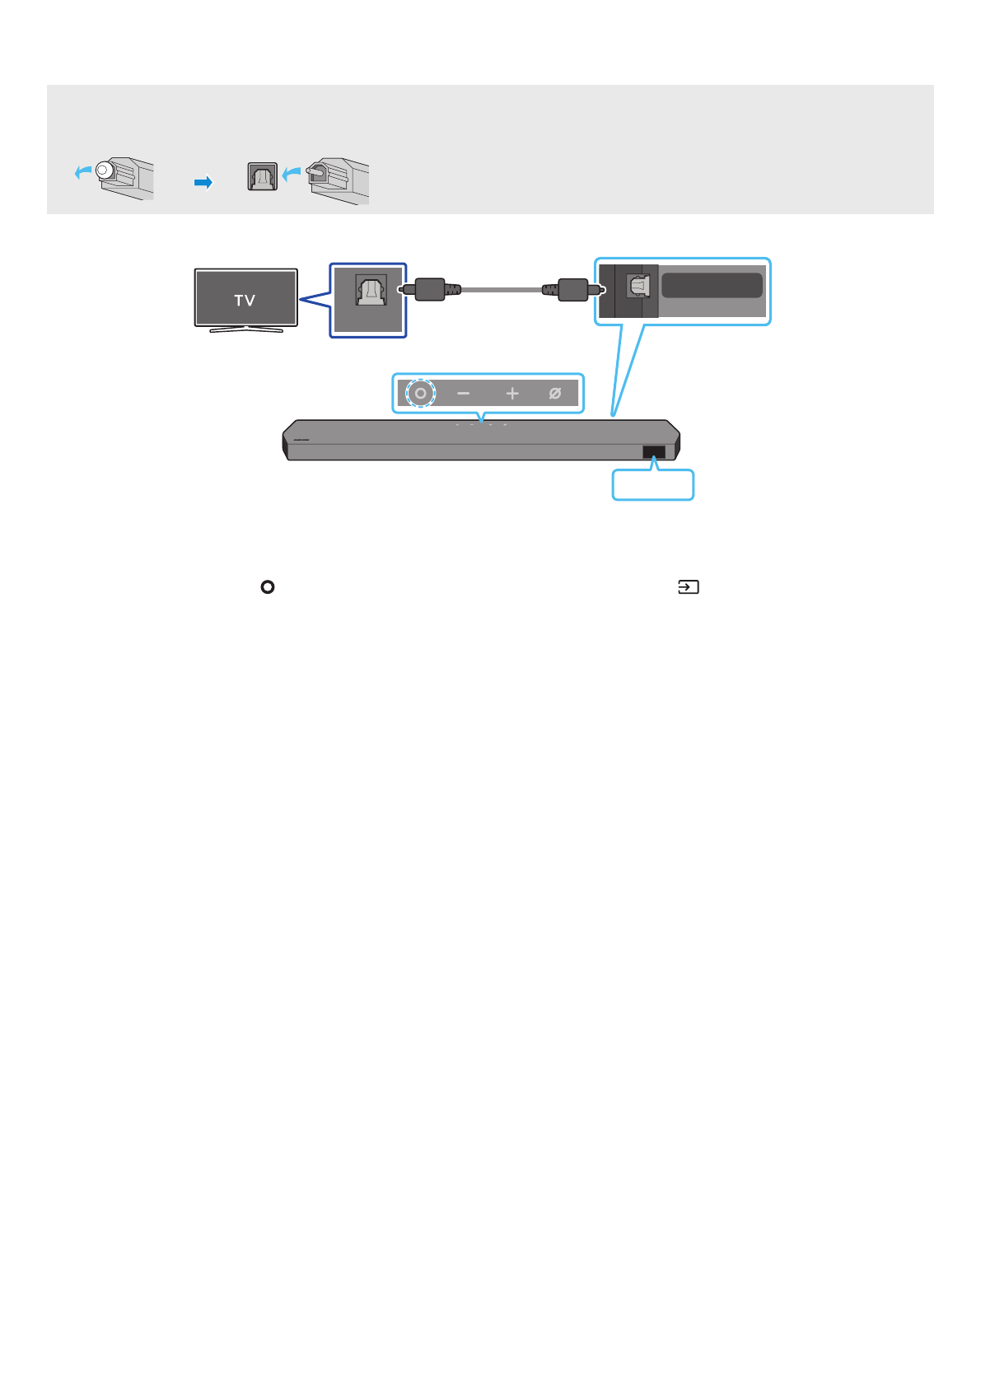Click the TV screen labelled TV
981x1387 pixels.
coord(245,298)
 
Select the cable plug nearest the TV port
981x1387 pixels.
coord(429,290)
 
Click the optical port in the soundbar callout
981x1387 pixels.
coord(638,287)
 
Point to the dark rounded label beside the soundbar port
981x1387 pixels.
coord(712,286)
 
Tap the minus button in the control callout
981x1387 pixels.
coord(463,394)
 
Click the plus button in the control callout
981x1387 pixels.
coord(512,394)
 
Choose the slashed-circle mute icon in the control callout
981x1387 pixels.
coord(555,394)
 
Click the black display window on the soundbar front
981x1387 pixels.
coord(653,452)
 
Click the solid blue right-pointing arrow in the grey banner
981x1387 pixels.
coord(203,182)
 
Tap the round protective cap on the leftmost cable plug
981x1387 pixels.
coord(103,170)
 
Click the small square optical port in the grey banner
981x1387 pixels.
coord(263,177)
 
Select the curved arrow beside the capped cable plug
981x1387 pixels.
coord(83,171)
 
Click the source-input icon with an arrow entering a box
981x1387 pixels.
coord(688,587)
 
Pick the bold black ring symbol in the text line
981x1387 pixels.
coord(267,587)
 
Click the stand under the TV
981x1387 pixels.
coord(246,329)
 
